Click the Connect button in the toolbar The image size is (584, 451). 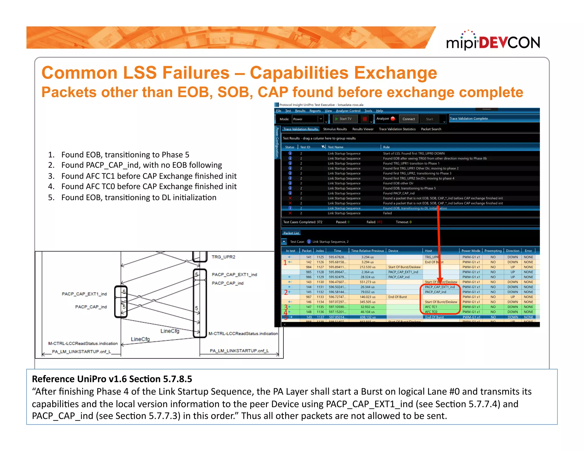point(408,119)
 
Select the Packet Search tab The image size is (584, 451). point(431,129)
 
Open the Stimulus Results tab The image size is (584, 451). point(335,129)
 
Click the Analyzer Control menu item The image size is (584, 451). point(348,111)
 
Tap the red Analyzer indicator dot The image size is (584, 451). point(393,119)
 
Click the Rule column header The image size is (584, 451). point(386,147)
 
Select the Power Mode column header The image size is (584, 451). point(471,251)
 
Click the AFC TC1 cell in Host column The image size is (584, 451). point(431,307)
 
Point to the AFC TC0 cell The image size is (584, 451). point(431,312)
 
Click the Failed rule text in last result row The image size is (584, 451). point(387,213)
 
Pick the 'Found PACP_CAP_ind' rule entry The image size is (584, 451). point(399,193)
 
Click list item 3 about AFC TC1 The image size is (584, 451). point(149,176)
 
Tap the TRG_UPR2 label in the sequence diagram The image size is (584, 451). point(223,257)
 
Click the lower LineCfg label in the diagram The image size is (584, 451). point(140,339)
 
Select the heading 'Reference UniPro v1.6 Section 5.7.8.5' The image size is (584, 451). point(112,379)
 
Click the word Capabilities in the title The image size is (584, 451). point(299,73)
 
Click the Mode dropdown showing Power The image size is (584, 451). point(308,119)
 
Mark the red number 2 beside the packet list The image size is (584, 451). point(286,292)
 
